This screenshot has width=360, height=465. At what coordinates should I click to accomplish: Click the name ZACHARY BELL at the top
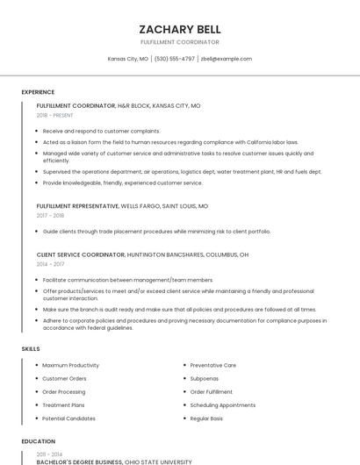click(179, 29)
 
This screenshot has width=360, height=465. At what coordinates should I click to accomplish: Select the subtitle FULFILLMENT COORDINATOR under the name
click(179, 42)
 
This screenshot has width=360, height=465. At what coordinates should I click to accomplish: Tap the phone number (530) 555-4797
click(174, 59)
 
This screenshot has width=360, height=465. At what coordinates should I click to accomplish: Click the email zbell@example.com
click(226, 59)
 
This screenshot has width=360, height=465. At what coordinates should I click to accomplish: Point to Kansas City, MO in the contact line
click(127, 59)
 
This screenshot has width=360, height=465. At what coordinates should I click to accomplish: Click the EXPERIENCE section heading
click(38, 92)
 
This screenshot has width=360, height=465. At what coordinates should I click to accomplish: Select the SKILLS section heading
click(30, 349)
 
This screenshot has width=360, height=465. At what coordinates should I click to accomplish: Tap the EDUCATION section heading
click(38, 441)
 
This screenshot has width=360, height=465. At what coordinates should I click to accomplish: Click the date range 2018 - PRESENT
click(55, 115)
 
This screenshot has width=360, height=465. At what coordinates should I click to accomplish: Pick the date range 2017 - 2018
click(50, 215)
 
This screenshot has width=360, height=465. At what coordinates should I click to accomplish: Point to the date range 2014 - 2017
click(50, 263)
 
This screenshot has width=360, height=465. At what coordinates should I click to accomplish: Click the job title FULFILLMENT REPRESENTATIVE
click(77, 206)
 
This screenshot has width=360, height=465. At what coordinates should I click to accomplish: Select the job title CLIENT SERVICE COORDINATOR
click(80, 254)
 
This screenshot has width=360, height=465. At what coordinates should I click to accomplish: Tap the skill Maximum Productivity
click(70, 365)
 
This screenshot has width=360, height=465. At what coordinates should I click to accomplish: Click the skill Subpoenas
click(205, 378)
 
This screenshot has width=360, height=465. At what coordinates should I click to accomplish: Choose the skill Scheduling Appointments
click(222, 405)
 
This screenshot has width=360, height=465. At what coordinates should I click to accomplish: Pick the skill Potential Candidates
click(68, 418)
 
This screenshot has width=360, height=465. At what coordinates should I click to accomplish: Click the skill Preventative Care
click(212, 365)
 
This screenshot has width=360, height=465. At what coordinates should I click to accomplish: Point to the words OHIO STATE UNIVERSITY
click(158, 461)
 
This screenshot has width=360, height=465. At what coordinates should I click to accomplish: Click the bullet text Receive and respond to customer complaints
click(101, 131)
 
